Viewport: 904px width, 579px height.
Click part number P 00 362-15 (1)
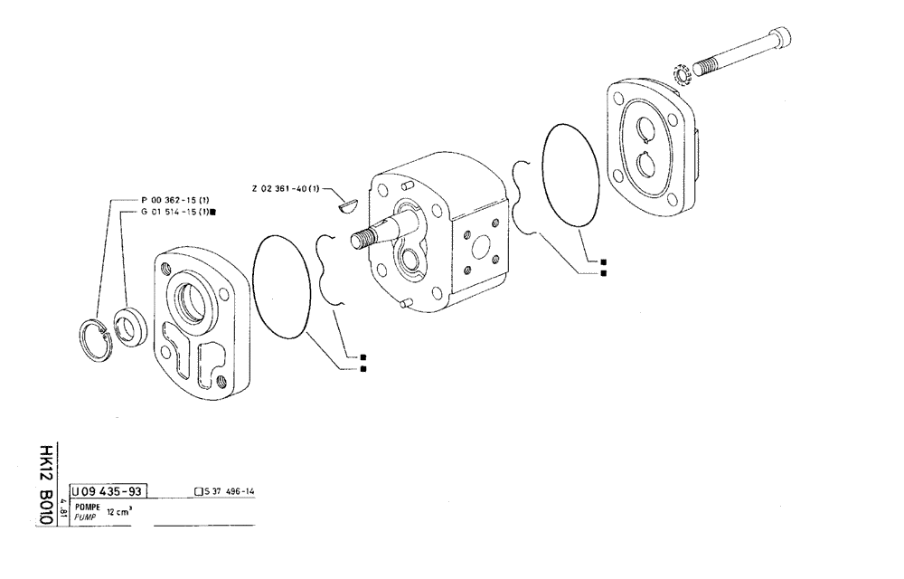point(175,199)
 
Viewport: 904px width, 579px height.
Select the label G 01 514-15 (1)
point(175,212)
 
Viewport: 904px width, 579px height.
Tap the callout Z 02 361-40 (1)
point(286,189)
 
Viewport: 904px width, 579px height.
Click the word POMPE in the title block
point(89,507)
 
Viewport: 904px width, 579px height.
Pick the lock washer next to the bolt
point(684,72)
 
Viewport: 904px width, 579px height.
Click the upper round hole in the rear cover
point(648,128)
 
